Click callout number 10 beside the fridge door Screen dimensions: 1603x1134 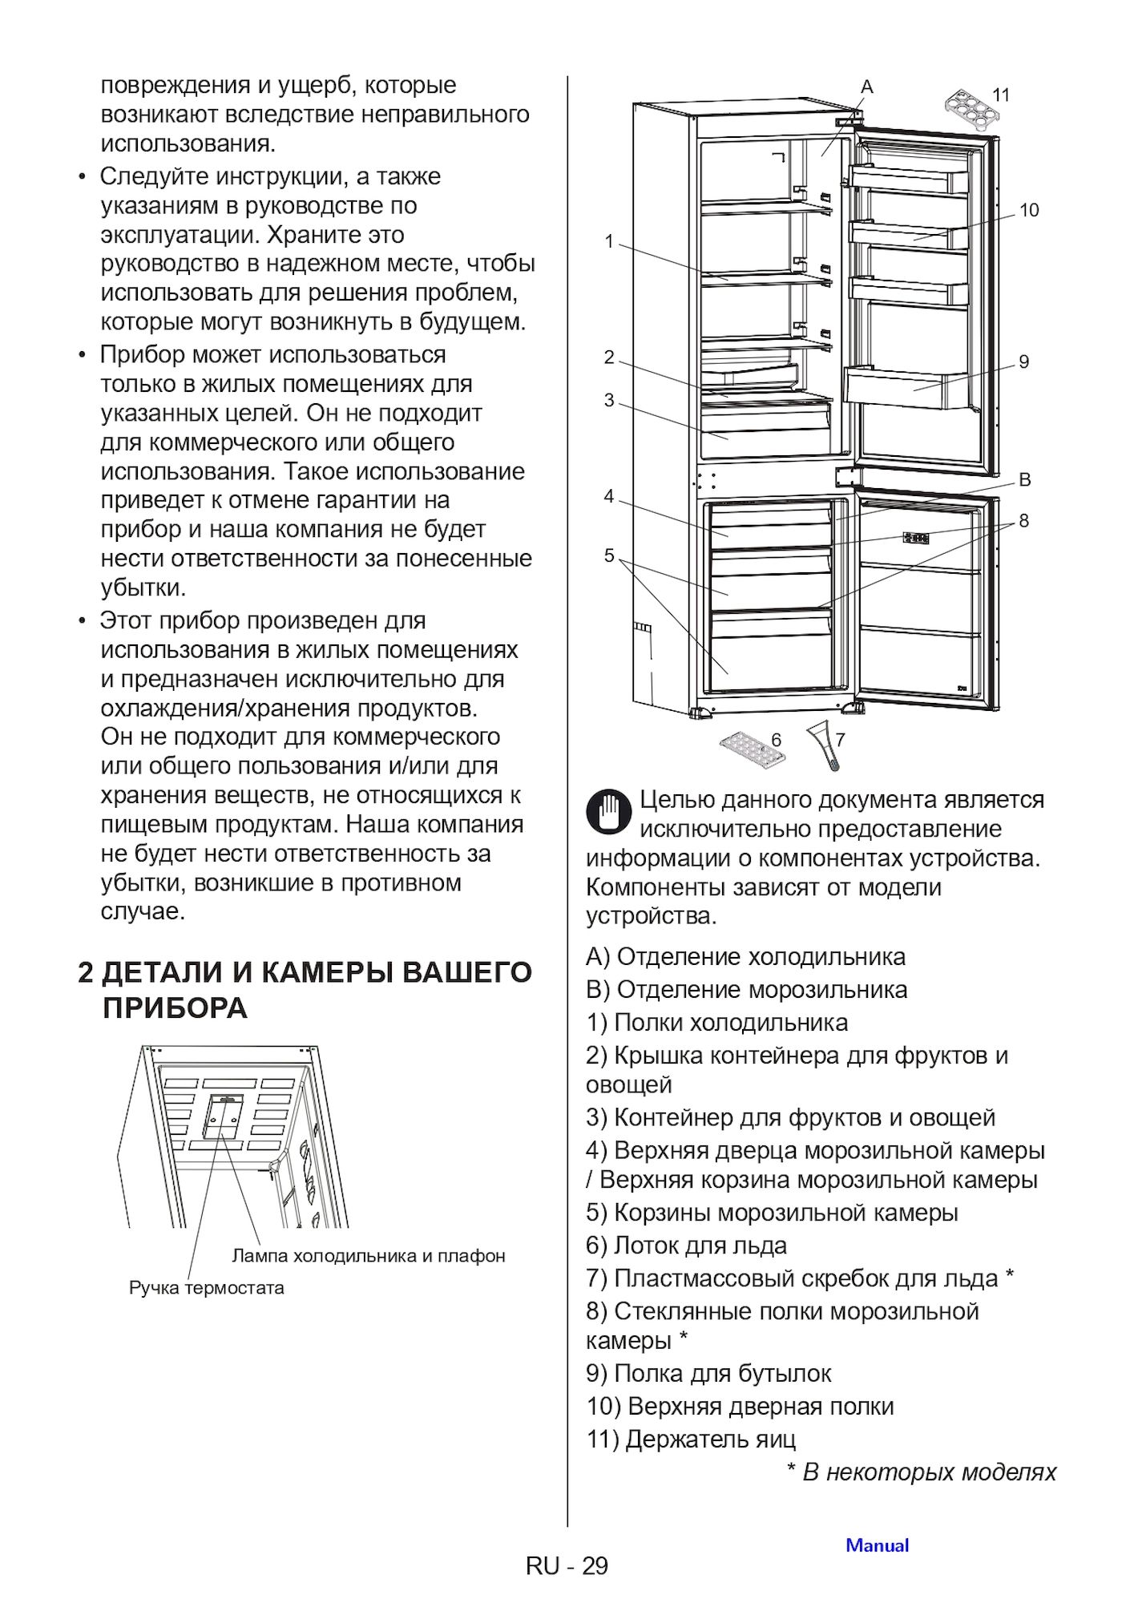(1028, 211)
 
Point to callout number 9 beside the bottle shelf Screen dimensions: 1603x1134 (1023, 361)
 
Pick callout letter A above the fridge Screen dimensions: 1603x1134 (866, 87)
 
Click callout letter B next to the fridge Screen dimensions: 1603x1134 (1024, 480)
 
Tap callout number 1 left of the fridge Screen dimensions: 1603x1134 (609, 240)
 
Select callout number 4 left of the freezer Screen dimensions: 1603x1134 (609, 497)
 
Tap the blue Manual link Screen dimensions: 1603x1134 (877, 1545)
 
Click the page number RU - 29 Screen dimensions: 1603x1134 (567, 1565)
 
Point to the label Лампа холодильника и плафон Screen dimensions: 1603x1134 (369, 1255)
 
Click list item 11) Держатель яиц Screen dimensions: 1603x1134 (691, 1439)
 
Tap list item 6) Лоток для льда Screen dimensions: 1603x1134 (686, 1245)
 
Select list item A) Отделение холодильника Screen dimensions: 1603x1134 (745, 956)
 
